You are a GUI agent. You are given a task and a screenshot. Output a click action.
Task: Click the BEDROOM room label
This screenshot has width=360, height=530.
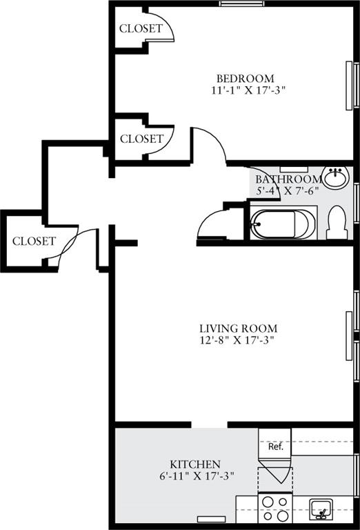tap(245, 78)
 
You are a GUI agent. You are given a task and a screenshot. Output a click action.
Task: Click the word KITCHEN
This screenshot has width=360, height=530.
tap(195, 464)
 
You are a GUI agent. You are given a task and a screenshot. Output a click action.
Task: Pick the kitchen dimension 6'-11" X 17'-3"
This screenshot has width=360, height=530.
tap(195, 475)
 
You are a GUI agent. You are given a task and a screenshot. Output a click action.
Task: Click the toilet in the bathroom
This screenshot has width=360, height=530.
tap(337, 223)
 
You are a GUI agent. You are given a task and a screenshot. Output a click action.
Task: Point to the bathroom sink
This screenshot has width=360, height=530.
tap(337, 177)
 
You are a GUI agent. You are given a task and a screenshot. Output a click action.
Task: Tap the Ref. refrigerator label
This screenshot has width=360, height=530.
tap(275, 446)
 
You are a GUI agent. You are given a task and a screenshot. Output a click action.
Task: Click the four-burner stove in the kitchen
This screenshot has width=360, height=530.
tap(274, 509)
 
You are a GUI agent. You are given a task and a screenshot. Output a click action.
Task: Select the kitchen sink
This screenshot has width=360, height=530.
tap(321, 509)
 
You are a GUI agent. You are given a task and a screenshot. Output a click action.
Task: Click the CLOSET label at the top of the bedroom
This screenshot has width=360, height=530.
tap(141, 29)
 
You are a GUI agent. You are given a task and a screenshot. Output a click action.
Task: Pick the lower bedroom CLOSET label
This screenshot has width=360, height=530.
tap(141, 139)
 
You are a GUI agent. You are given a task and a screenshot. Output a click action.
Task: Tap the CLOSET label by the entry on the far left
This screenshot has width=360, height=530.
tap(34, 242)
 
